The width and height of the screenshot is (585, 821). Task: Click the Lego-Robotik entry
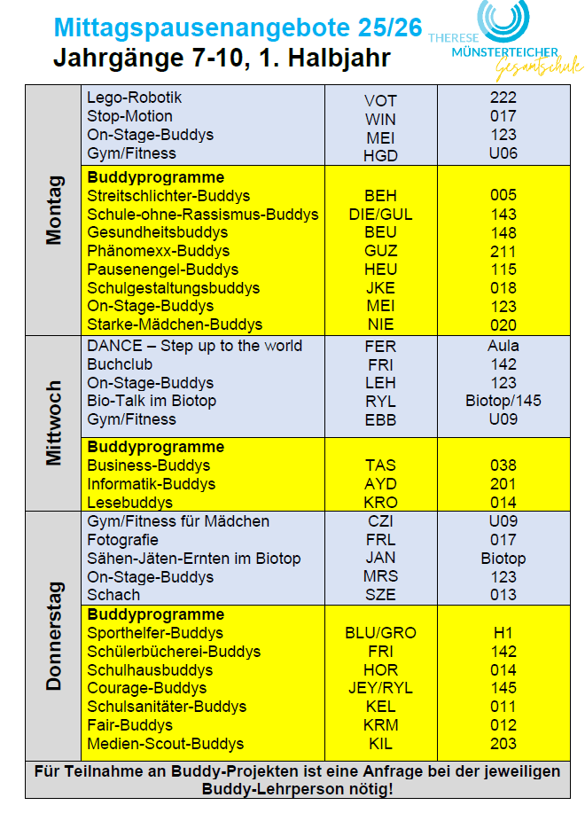[x=134, y=98]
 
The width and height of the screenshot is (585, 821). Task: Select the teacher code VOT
[x=380, y=101]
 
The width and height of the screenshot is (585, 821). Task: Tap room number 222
[x=503, y=98]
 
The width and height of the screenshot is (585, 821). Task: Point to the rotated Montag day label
[x=55, y=210]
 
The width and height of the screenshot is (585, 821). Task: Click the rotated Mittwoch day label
[x=55, y=423]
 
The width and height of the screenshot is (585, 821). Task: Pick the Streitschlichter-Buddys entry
[x=168, y=196]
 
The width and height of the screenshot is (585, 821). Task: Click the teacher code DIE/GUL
[x=380, y=215]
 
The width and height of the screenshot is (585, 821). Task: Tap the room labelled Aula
[x=503, y=346]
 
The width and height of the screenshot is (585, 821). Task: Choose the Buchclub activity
[x=120, y=364]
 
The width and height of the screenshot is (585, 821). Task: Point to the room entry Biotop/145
[x=503, y=401]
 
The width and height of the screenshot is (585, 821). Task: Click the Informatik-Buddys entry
[x=151, y=484]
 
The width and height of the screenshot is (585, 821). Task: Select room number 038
[x=503, y=465]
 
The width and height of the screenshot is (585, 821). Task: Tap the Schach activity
[x=113, y=595]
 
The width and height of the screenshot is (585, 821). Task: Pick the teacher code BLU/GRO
[x=380, y=633]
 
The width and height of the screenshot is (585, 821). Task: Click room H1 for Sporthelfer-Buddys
[x=503, y=633]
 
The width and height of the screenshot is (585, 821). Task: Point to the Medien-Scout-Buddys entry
[x=165, y=744]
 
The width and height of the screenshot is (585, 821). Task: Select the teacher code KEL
[x=380, y=707]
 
